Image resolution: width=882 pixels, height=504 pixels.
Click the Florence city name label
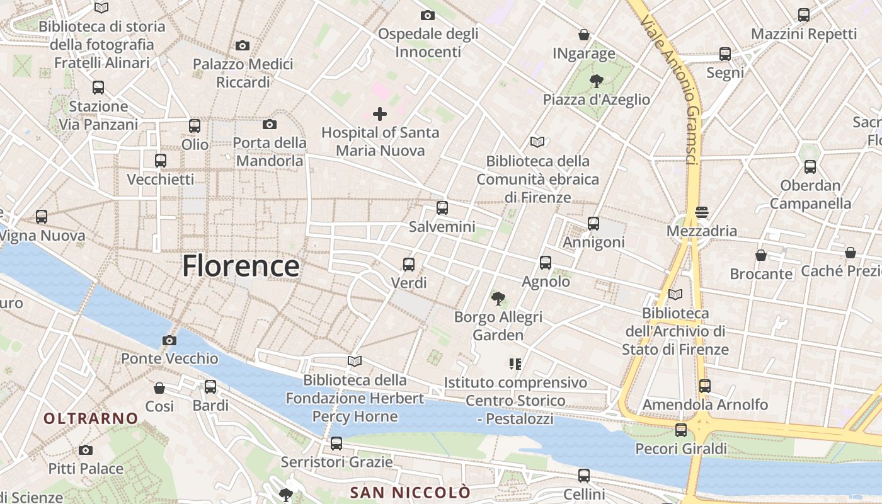pos(241,266)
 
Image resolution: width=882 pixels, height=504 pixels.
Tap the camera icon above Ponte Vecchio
pos(169,341)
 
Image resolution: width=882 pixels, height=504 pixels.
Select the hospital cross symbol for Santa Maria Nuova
pos(379,114)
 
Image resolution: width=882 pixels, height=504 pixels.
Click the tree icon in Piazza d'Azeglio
pos(596,81)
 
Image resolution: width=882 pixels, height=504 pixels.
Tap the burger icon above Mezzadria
pos(702,212)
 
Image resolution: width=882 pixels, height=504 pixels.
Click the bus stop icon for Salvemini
pos(442,208)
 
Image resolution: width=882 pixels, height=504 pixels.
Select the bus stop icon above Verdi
pos(409,265)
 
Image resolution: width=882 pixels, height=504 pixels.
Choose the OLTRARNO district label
pos(91,418)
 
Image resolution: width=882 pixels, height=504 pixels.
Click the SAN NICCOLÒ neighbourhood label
pos(410,492)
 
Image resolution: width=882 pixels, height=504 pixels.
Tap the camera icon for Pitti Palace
pos(86,450)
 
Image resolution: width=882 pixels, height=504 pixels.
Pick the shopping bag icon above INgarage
pos(584,35)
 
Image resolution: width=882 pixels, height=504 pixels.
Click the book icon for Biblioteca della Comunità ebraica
pos(537,142)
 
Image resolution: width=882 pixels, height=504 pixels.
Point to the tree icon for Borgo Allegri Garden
pos(498,298)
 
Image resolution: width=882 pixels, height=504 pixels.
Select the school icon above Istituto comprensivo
pos(515,364)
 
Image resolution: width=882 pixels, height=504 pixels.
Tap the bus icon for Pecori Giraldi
pos(681,430)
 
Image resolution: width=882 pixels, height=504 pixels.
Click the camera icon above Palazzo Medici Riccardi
pos(243,45)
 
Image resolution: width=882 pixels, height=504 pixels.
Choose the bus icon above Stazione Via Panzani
pos(98,88)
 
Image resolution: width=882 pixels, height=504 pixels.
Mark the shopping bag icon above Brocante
pos(761,255)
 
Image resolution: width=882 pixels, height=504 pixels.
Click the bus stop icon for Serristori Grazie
pos(336,444)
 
